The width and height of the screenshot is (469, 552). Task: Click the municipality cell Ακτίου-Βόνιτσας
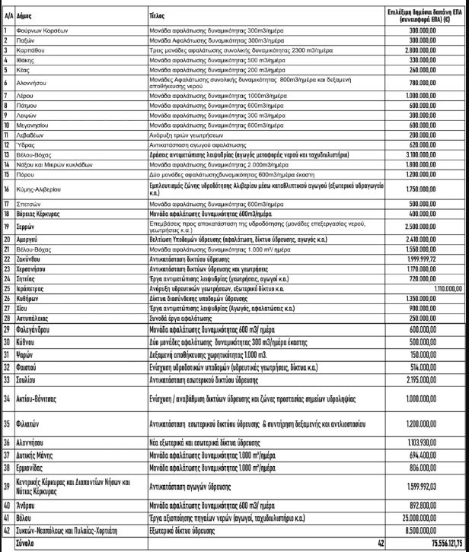[x=45, y=398]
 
